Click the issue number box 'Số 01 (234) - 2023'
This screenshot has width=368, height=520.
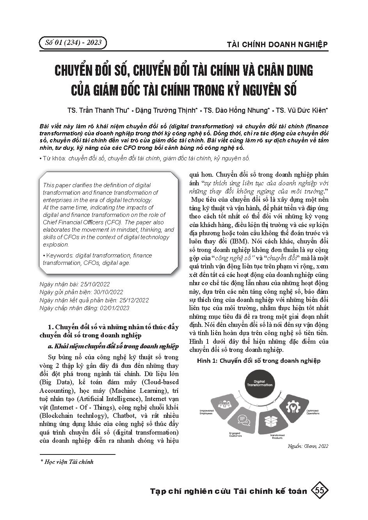tap(73, 43)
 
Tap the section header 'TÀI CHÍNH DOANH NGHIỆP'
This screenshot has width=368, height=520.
tap(277, 44)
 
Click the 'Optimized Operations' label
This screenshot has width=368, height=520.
tap(312, 412)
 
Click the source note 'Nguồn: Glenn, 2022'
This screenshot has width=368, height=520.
tap(308, 446)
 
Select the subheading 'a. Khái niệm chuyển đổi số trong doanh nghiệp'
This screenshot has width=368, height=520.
tap(113, 346)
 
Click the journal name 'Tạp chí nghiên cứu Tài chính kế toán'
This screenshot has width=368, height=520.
tap(229, 491)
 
